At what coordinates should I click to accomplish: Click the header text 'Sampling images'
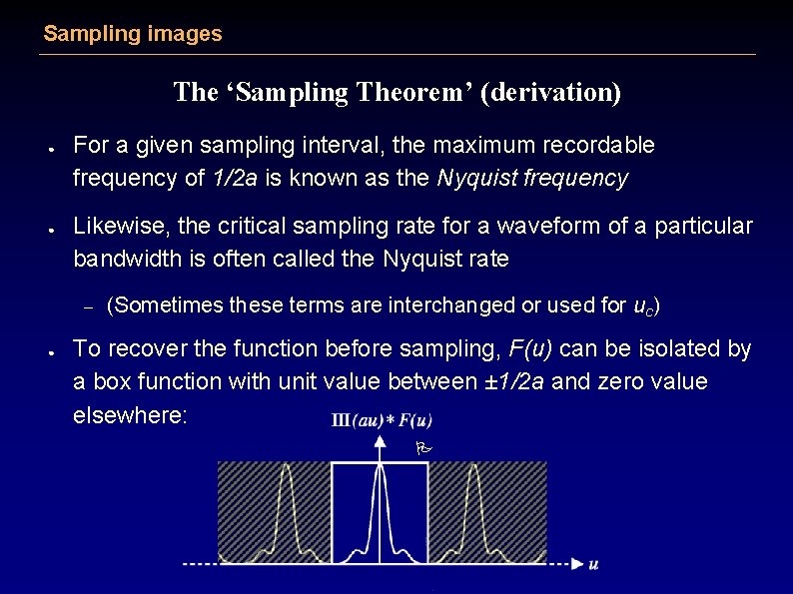(133, 34)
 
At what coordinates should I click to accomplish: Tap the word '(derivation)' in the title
(550, 93)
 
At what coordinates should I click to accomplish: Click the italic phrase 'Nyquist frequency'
(532, 179)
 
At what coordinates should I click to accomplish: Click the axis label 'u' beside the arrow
(593, 565)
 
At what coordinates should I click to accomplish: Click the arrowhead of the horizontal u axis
(577, 564)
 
